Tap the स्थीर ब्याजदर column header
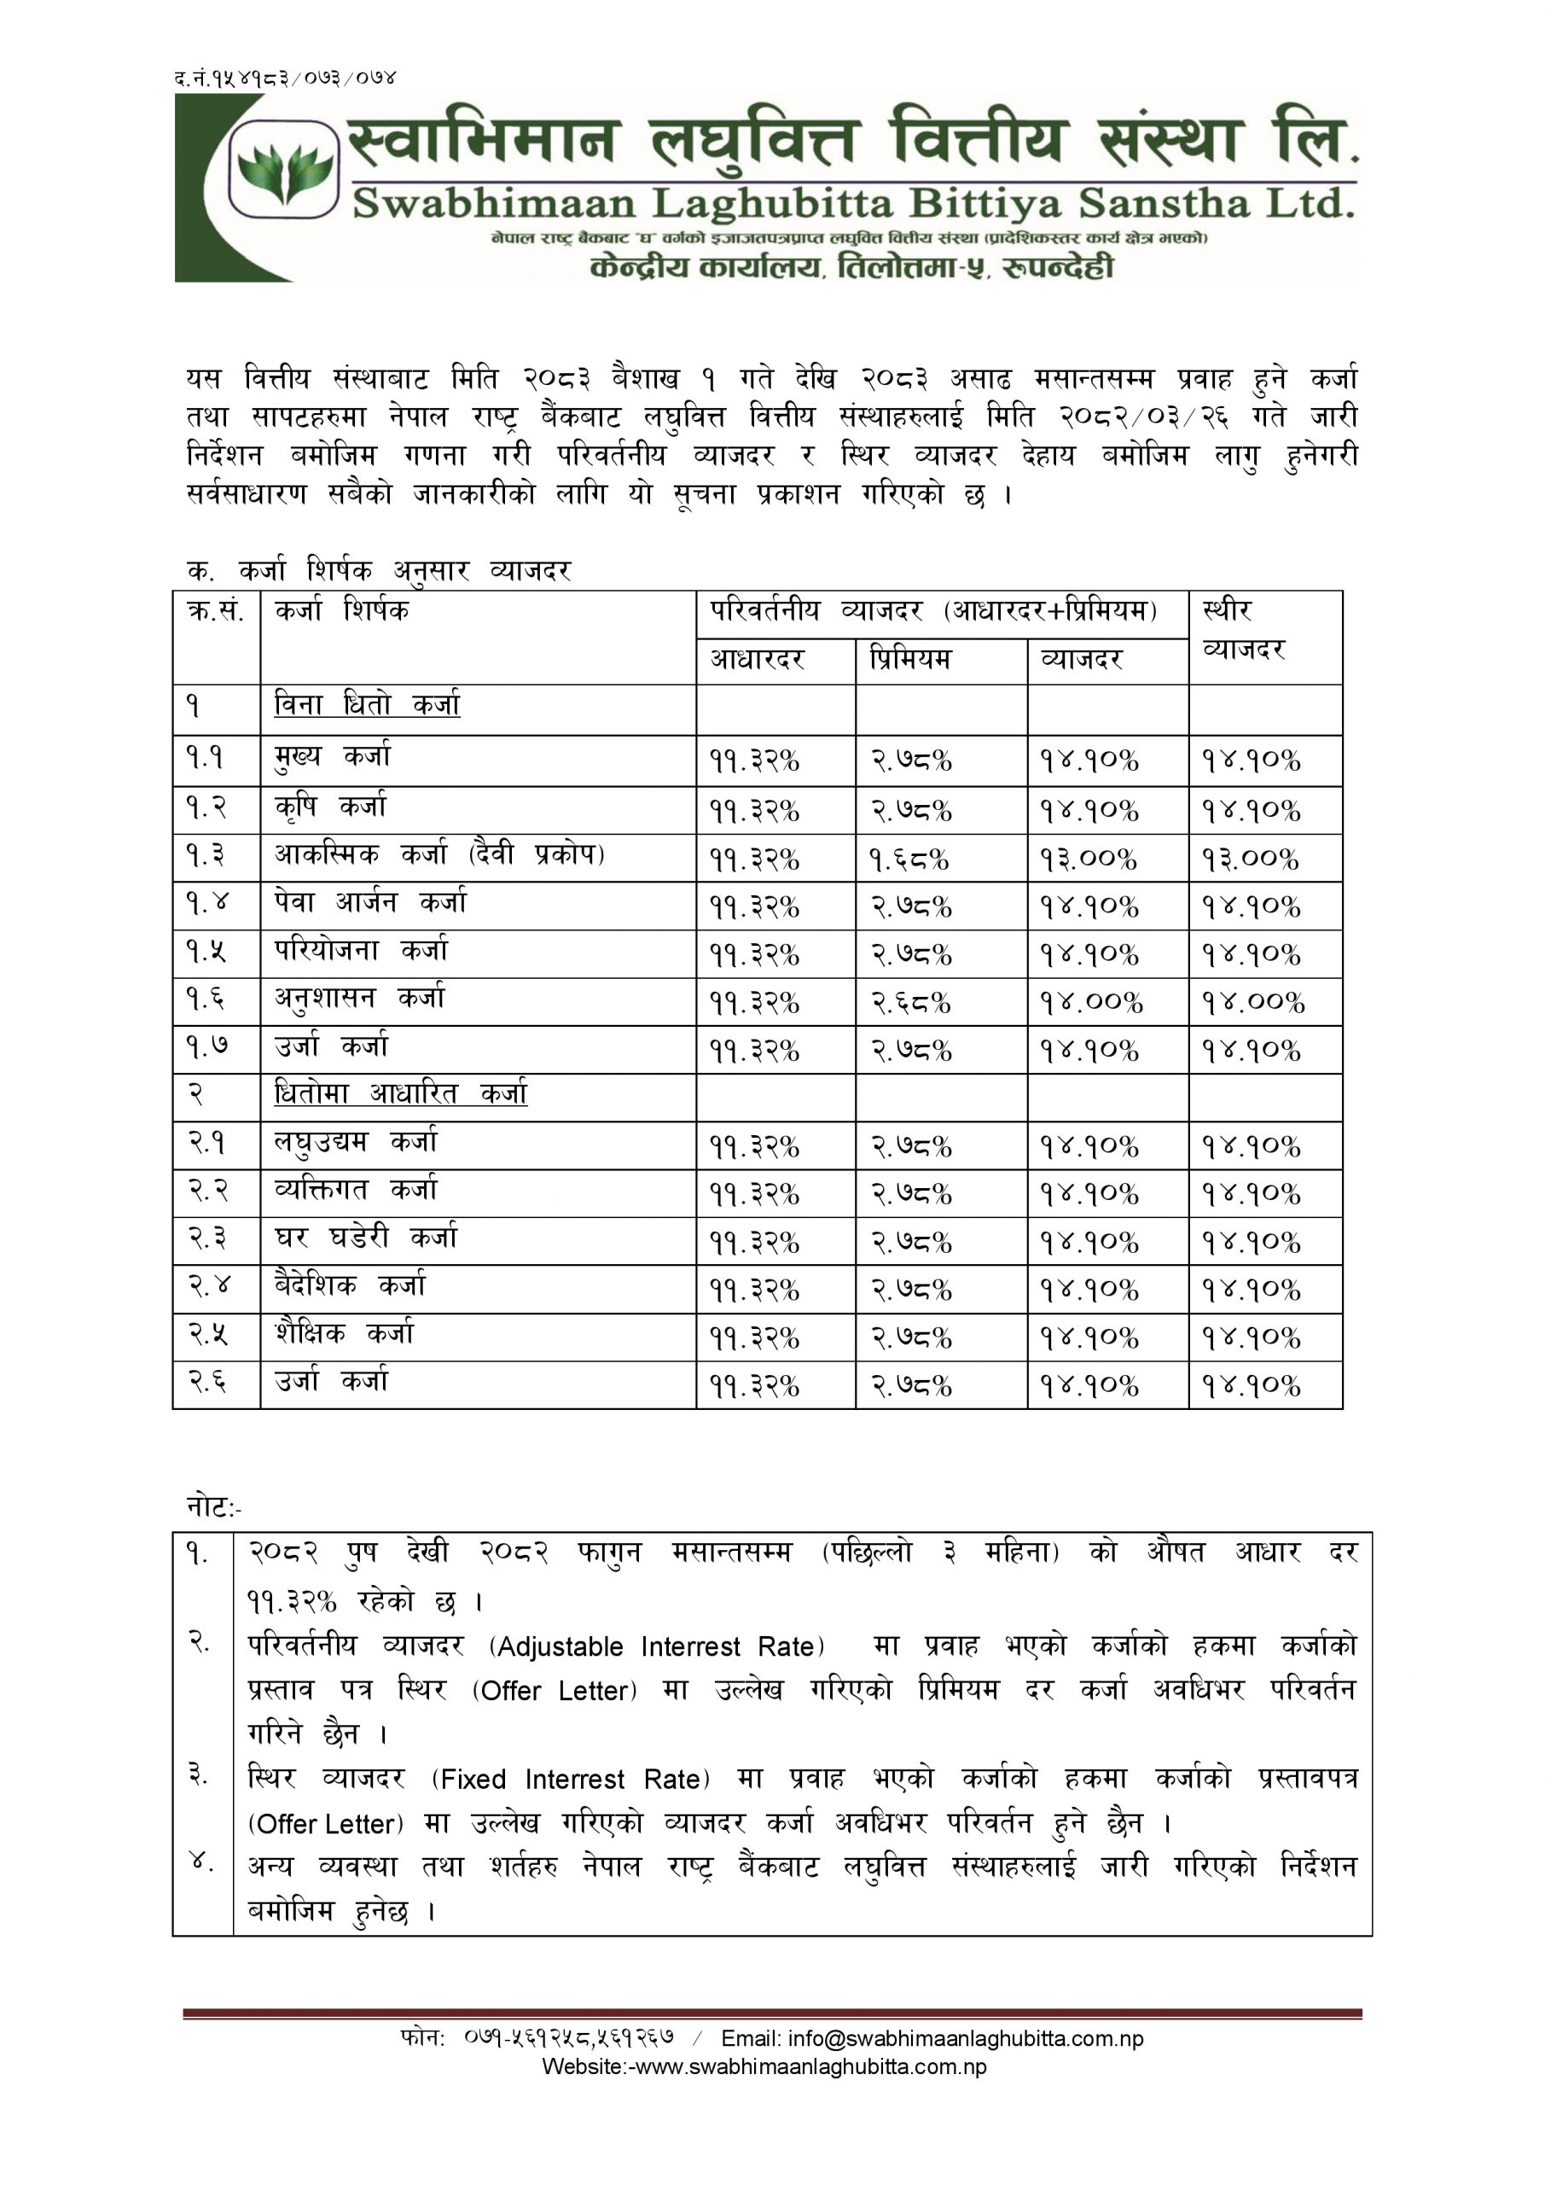pos(1245,630)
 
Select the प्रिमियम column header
pos(909,660)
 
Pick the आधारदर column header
pos(758,660)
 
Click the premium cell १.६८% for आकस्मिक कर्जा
pos(909,859)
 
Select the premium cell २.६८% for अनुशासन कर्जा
pos(911,1003)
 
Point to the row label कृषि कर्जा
pos(331,807)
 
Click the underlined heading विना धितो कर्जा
pos(367,706)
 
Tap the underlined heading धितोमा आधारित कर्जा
pos(400,1094)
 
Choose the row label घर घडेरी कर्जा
pos(366,1238)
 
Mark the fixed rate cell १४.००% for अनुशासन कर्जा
pos(1253,1003)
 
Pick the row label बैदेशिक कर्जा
pos(350,1286)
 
